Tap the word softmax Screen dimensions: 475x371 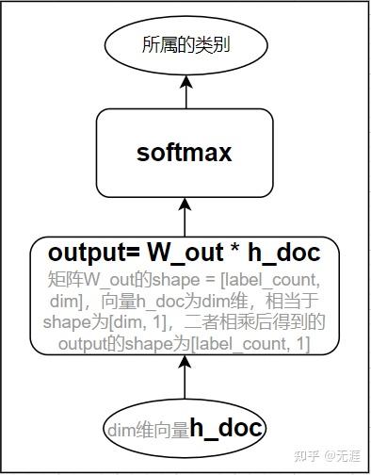(185, 152)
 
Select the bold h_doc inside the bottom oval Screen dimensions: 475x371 (225, 430)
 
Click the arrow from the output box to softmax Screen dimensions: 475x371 (185, 216)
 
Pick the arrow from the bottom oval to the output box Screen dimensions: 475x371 (185, 382)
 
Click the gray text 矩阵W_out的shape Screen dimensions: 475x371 (122, 280)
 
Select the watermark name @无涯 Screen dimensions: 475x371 (344, 456)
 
